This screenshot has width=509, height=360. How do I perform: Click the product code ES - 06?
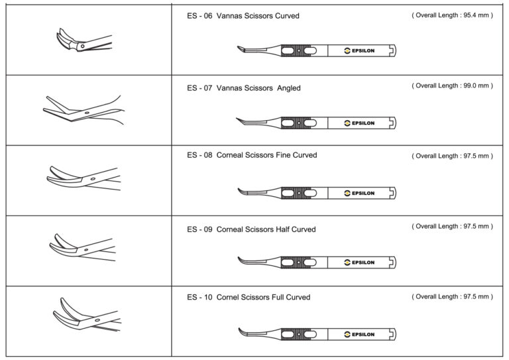(199, 16)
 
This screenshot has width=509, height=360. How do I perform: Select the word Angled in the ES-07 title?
(288, 88)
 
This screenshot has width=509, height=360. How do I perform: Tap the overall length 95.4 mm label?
(452, 15)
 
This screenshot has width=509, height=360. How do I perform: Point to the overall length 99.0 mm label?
(452, 86)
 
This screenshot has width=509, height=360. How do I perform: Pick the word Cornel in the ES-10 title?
(227, 298)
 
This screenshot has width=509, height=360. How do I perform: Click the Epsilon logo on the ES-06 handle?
(359, 50)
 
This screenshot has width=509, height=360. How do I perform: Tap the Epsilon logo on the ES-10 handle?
(359, 334)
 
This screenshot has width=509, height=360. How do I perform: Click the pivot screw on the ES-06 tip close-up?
(82, 46)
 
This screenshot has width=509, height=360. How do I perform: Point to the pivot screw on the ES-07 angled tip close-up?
(87, 113)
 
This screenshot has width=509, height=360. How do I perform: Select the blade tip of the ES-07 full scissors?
(237, 119)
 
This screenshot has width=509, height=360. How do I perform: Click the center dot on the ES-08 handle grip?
(299, 193)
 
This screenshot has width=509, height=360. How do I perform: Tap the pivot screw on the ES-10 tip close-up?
(97, 320)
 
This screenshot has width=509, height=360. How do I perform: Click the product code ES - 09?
(199, 229)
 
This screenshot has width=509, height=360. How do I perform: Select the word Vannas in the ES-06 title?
(228, 16)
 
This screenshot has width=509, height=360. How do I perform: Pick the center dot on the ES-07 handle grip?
(299, 123)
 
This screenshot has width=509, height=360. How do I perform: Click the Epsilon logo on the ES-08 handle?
(359, 193)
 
